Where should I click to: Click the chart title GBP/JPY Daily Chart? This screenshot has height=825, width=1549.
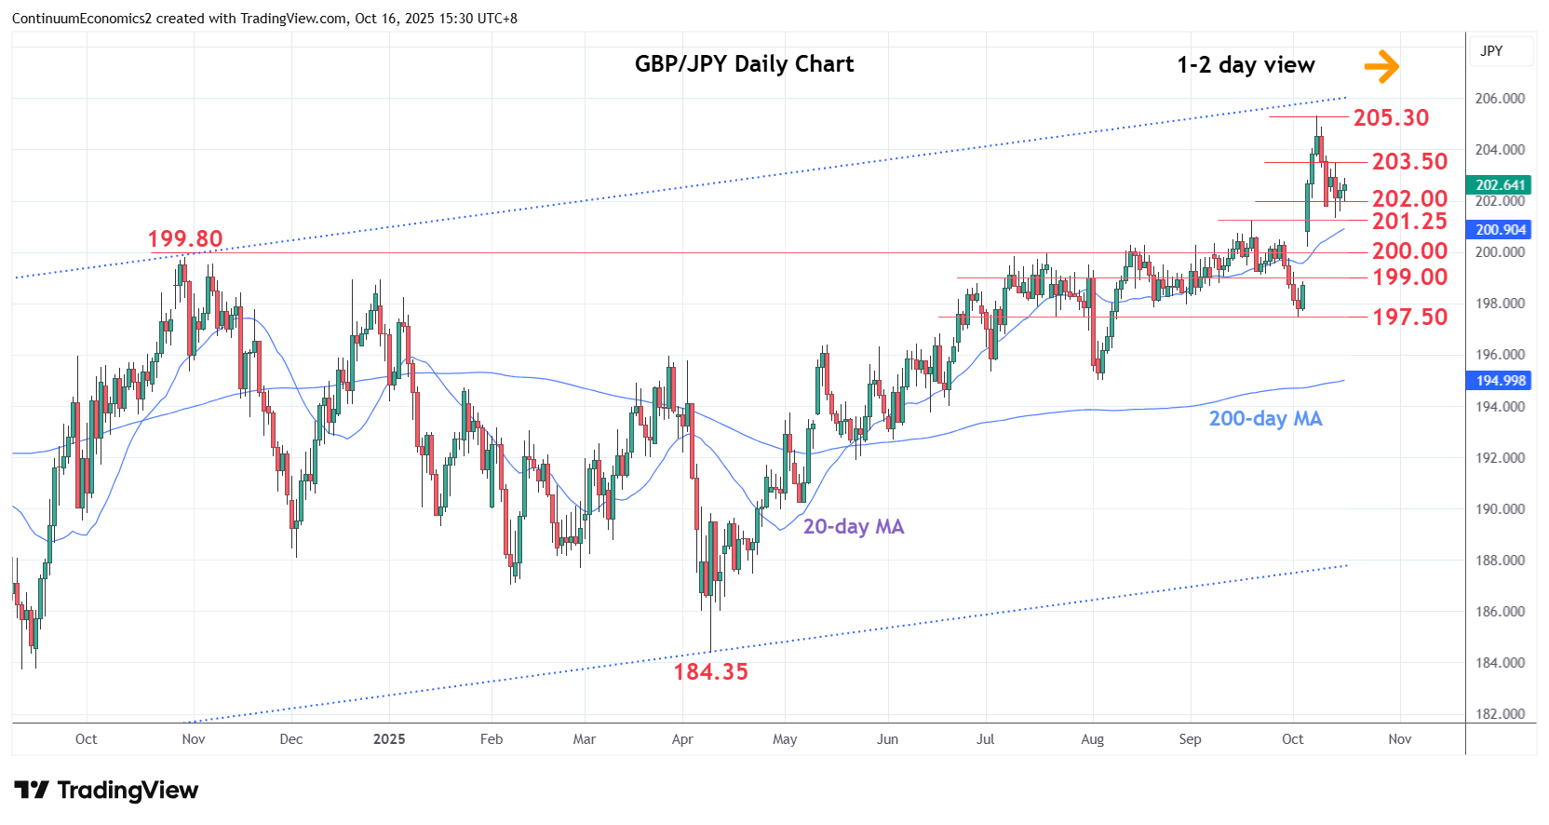tap(744, 64)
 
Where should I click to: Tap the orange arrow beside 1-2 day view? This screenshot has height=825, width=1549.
tap(1381, 66)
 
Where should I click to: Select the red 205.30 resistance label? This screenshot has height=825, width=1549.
tap(1391, 118)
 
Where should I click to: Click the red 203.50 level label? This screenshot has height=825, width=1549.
tap(1409, 162)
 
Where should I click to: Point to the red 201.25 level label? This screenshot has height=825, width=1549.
tap(1409, 222)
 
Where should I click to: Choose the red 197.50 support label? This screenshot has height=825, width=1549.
tap(1409, 318)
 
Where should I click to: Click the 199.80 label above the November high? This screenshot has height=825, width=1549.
tap(185, 239)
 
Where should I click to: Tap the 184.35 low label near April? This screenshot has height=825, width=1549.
tap(710, 672)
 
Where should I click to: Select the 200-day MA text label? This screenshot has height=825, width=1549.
tap(1265, 419)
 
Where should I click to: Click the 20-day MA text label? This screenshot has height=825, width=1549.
tap(854, 527)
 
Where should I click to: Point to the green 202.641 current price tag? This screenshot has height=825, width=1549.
tap(1500, 185)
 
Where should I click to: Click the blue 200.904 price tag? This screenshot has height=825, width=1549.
tap(1500, 230)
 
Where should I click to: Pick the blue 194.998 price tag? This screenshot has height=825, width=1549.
tap(1500, 381)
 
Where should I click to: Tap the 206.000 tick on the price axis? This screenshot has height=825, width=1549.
tap(1500, 99)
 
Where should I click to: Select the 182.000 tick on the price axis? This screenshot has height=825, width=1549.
tap(1500, 714)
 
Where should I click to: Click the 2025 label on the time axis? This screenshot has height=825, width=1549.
tap(389, 739)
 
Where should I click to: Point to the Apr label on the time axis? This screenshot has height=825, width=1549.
tap(682, 739)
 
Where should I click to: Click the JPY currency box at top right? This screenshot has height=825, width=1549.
tap(1491, 51)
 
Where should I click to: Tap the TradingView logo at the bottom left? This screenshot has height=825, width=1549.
tap(106, 791)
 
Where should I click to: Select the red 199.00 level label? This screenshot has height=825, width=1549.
tap(1409, 277)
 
